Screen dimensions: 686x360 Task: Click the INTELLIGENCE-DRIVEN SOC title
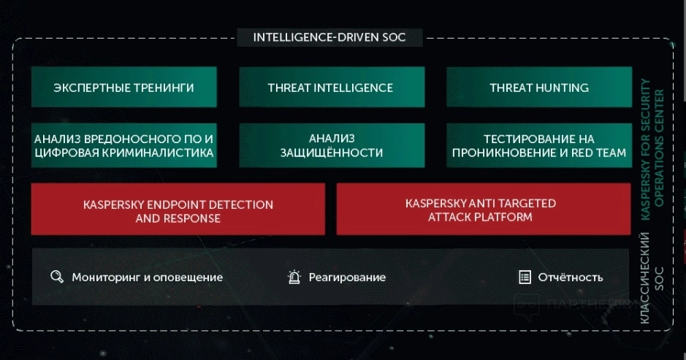pyautogui.click(x=329, y=37)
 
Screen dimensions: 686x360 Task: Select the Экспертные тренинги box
pyautogui.click(x=123, y=87)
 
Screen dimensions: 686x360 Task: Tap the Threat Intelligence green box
pyautogui.click(x=332, y=87)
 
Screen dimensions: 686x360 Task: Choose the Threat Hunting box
pyautogui.click(x=539, y=87)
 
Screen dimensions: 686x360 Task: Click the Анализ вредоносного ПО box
pyautogui.click(x=123, y=145)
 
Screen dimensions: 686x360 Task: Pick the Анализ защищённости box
pyautogui.click(x=332, y=145)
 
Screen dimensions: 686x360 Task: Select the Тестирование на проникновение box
pyautogui.click(x=539, y=145)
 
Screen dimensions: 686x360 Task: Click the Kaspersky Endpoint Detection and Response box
pyautogui.click(x=178, y=209)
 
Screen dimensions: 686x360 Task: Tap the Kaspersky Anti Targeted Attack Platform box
pyautogui.click(x=484, y=209)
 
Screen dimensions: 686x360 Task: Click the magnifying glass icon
pyautogui.click(x=57, y=277)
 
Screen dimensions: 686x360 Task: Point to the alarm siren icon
pyautogui.click(x=294, y=277)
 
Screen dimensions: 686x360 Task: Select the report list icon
pyautogui.click(x=525, y=277)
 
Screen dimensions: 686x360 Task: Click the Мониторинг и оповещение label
pyautogui.click(x=148, y=277)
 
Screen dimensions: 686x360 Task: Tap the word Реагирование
pyautogui.click(x=347, y=277)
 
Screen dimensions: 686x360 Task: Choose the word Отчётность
pyautogui.click(x=571, y=277)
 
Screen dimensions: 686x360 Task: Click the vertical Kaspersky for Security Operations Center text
pyautogui.click(x=652, y=149)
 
